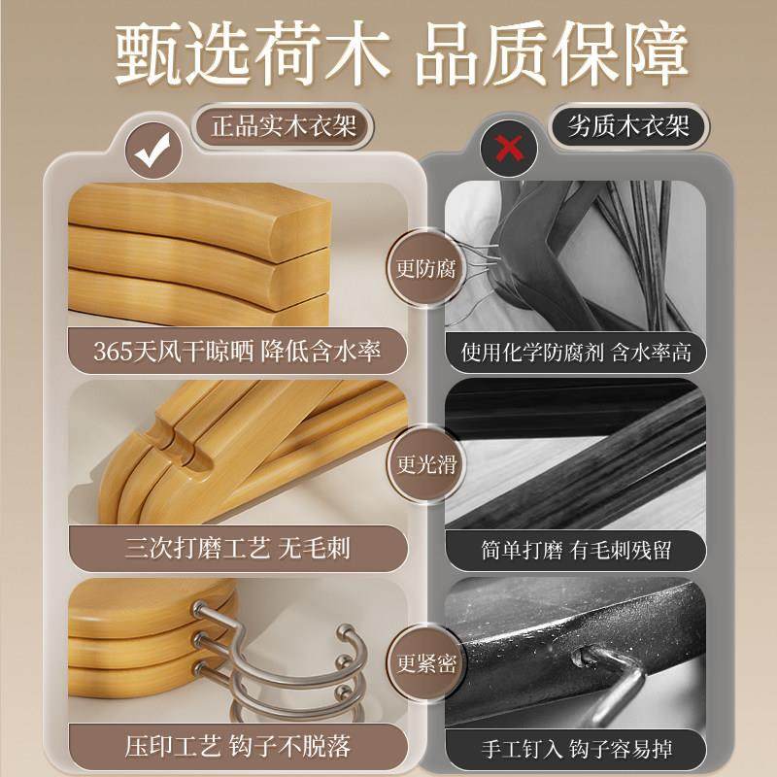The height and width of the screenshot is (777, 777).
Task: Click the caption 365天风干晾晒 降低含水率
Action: tap(238, 353)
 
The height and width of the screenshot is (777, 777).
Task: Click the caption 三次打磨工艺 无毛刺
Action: tap(238, 550)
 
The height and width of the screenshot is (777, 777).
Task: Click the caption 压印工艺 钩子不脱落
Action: tap(238, 747)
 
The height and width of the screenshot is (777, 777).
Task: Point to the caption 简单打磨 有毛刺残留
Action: tap(575, 550)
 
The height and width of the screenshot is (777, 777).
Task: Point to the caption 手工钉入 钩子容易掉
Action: tap(575, 747)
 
